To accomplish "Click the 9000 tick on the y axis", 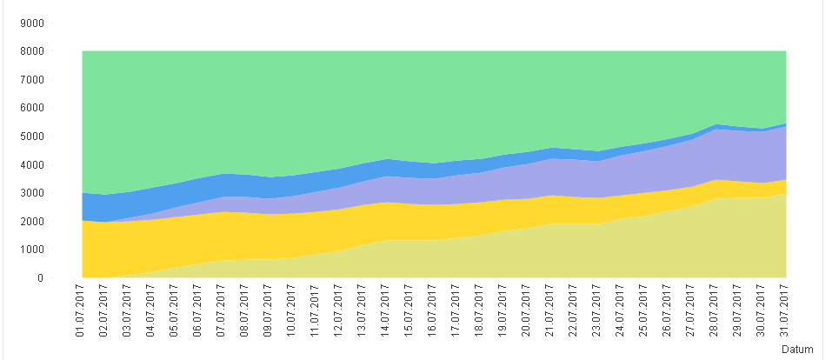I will click(33, 23).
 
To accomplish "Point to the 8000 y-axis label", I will click(33, 51).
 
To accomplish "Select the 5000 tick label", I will click(33, 137).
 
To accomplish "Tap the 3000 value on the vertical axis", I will click(33, 193).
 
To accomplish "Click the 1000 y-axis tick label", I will click(33, 250).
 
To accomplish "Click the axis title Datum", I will click(797, 350).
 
